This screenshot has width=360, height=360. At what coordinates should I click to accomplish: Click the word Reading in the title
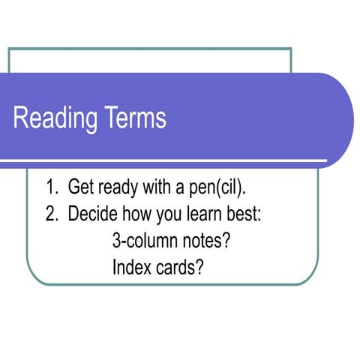pyautogui.click(x=58, y=119)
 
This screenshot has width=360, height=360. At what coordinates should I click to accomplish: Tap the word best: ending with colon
pyautogui.click(x=241, y=213)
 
